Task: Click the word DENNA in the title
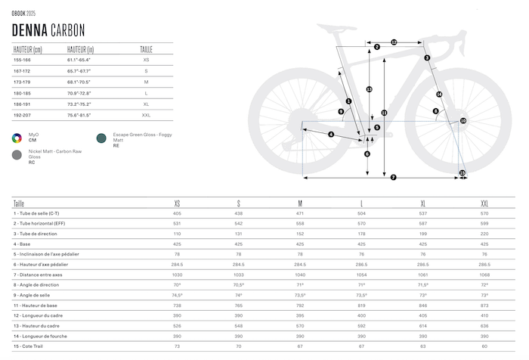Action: [x=29, y=30]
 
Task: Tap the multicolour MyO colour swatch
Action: [x=16, y=138]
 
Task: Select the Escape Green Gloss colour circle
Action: [x=101, y=138]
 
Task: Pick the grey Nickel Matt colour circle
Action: [x=16, y=155]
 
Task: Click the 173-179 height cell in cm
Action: [x=23, y=81]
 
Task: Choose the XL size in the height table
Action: [x=146, y=103]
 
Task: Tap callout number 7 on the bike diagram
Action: [x=394, y=178]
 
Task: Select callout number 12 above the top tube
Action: [x=394, y=42]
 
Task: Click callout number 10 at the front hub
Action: [x=463, y=120]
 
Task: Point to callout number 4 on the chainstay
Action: [x=331, y=135]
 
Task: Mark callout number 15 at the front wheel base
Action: [x=462, y=173]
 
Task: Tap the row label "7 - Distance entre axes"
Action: [x=38, y=275]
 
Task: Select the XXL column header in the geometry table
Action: [x=484, y=203]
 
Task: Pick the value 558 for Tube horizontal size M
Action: [x=300, y=224]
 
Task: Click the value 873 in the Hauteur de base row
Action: [x=484, y=305]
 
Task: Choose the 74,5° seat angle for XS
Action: [x=177, y=295]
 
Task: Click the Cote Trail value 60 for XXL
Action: [x=484, y=346]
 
